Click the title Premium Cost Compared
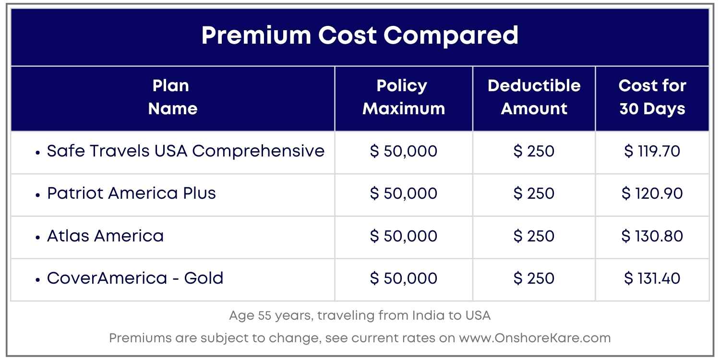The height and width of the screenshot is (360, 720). pos(360,36)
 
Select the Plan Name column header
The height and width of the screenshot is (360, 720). pos(172,97)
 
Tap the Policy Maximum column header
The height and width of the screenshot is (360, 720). pos(403,97)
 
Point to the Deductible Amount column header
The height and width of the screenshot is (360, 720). pos(534,97)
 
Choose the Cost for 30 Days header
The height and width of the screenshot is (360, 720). pos(652,97)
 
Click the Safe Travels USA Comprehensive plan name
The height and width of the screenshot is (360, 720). pos(185,151)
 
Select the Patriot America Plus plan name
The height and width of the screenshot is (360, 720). pos(131,193)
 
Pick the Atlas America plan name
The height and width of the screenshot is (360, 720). pos(105,236)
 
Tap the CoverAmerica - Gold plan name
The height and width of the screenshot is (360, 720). pos(135,278)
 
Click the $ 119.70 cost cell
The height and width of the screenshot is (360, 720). pos(652,152)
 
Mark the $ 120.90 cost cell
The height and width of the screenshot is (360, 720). pos(652,194)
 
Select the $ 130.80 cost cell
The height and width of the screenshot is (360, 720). pos(652,236)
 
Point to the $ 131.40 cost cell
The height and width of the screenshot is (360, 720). pos(652,278)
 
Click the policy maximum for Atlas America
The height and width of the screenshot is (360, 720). pos(403,236)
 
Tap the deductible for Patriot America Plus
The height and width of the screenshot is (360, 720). pos(534,194)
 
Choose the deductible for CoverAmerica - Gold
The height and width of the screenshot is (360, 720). pos(534,278)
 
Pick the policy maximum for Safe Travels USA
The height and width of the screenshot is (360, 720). pos(403,152)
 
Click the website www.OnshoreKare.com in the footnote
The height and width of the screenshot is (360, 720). pos(535,338)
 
